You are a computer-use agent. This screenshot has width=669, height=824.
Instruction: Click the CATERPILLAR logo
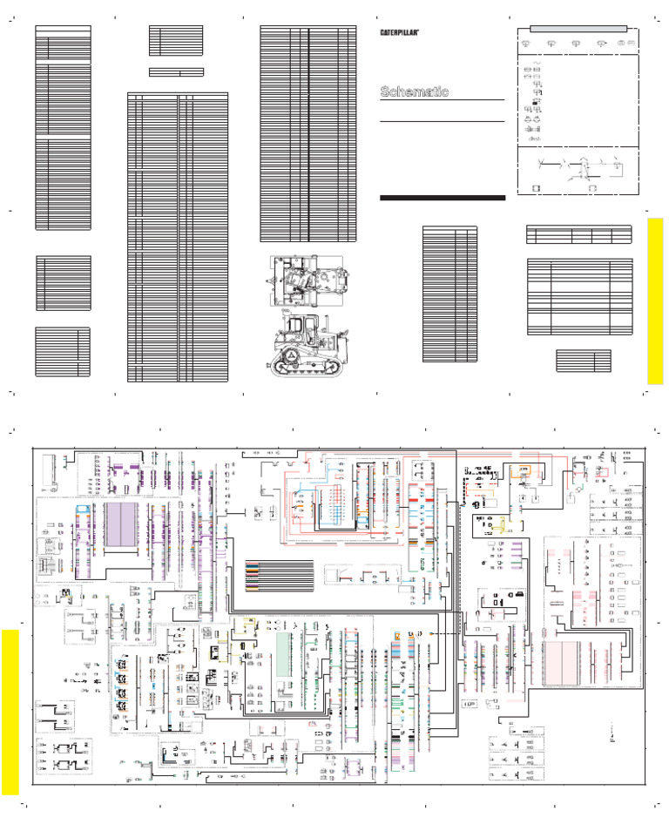[406, 32]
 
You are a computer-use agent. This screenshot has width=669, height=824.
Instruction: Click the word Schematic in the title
[414, 91]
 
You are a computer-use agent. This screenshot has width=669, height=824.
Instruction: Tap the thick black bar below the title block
[443, 198]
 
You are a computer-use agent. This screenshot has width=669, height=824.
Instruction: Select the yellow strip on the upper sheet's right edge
[655, 301]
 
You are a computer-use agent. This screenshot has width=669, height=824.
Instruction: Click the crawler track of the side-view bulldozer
[305, 367]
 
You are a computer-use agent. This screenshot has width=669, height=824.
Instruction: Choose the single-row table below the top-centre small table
[176, 71]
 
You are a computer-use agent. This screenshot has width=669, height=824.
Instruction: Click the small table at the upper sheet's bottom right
[584, 361]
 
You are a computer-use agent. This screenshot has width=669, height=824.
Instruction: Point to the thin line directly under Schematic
[443, 102]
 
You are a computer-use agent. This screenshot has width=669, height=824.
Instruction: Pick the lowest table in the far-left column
[63, 351]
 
